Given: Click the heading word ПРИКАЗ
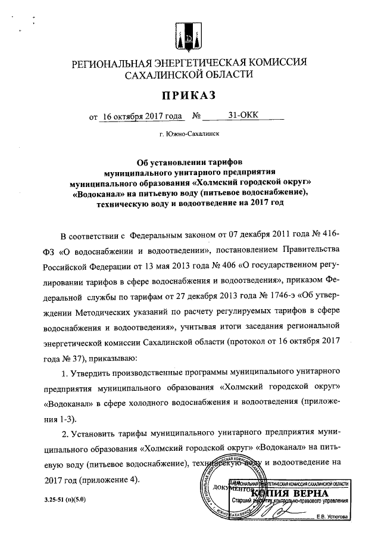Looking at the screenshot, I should coord(189,95).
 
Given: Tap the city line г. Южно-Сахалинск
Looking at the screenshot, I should coord(189,135).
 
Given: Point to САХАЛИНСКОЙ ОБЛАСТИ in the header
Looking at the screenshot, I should coord(189,75).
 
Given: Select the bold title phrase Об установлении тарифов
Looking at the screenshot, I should coord(189,161).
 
